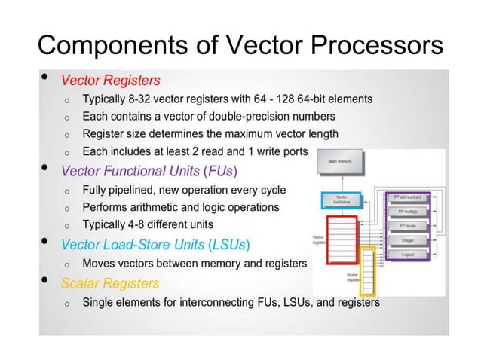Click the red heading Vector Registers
(x=110, y=80)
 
